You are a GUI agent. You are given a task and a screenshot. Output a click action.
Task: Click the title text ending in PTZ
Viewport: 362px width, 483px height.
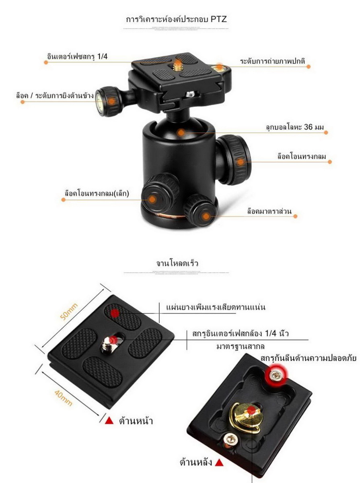(176, 19)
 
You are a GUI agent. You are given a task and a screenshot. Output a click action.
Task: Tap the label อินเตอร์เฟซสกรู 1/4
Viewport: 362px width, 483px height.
(76, 56)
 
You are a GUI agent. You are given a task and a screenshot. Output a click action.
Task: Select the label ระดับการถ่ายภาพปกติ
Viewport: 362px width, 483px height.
(272, 62)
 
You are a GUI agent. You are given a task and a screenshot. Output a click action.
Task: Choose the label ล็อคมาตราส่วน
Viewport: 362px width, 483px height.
(269, 211)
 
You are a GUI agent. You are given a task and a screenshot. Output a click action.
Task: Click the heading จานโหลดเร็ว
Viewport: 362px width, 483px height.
(177, 263)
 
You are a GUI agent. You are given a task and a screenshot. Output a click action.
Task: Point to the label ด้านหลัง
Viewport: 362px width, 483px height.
(195, 462)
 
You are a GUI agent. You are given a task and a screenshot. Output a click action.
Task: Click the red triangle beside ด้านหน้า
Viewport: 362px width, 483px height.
(109, 421)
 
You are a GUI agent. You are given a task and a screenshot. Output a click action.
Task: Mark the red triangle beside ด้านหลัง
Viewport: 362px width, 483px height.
(219, 463)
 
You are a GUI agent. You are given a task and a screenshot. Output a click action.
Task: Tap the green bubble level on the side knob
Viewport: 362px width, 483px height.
(99, 96)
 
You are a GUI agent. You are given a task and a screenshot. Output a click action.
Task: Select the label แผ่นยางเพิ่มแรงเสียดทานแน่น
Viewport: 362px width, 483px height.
(216, 307)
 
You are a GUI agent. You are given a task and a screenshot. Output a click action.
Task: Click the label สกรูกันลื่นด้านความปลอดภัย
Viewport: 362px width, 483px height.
(309, 358)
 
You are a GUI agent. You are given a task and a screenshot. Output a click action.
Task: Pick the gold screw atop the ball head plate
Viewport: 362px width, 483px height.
(177, 63)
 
